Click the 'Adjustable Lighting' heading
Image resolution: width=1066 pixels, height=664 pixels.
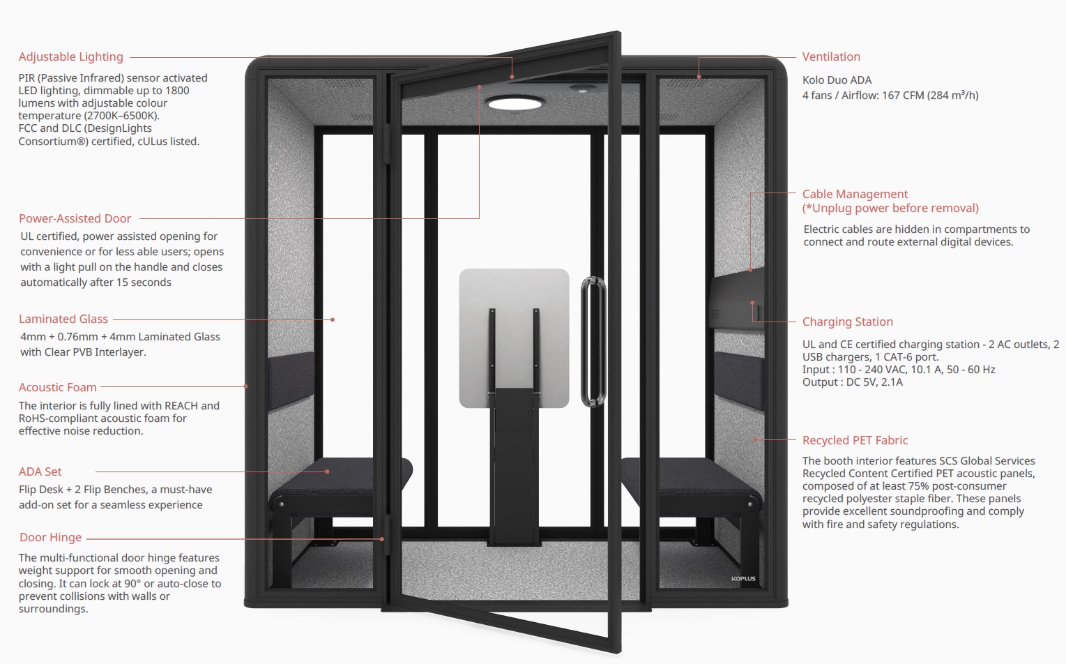pyautogui.click(x=70, y=56)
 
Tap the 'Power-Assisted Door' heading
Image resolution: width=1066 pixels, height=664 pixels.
pyautogui.click(x=75, y=218)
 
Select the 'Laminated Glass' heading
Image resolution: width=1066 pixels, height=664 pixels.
pyautogui.click(x=63, y=319)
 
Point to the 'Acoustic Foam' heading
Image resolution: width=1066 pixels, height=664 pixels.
pyautogui.click(x=58, y=387)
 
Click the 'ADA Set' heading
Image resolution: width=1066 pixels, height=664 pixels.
pyautogui.click(x=40, y=471)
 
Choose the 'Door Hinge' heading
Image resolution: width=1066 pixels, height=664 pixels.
pyautogui.click(x=50, y=537)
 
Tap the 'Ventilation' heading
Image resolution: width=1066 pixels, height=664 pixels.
pyautogui.click(x=831, y=56)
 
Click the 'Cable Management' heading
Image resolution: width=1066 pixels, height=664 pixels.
pyautogui.click(x=855, y=194)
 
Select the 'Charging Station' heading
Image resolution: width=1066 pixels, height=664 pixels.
pyautogui.click(x=847, y=322)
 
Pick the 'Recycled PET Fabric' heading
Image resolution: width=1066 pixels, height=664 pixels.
pyautogui.click(x=855, y=440)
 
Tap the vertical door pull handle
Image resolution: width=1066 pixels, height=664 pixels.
pyautogui.click(x=593, y=341)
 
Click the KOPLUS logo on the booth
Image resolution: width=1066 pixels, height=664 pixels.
pyautogui.click(x=743, y=578)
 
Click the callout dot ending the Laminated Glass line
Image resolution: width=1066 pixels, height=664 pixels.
pyautogui.click(x=333, y=319)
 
